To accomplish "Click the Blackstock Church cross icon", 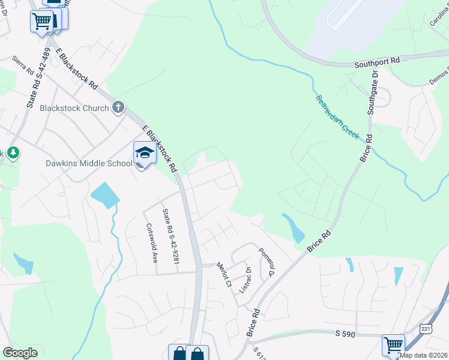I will point(118,108).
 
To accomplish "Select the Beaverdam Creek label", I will point(337,117).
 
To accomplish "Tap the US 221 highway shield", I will point(425,329).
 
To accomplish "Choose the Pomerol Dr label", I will point(266,262).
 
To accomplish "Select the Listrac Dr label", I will point(247,277).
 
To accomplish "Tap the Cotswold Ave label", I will point(152,244).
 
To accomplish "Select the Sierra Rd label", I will point(23,67).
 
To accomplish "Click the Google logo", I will point(20,353).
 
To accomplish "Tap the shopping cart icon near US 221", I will point(393,345).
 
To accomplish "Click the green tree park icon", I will point(12,153).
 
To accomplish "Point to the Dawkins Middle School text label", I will point(88,163).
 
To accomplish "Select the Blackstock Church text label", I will point(74,109).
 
